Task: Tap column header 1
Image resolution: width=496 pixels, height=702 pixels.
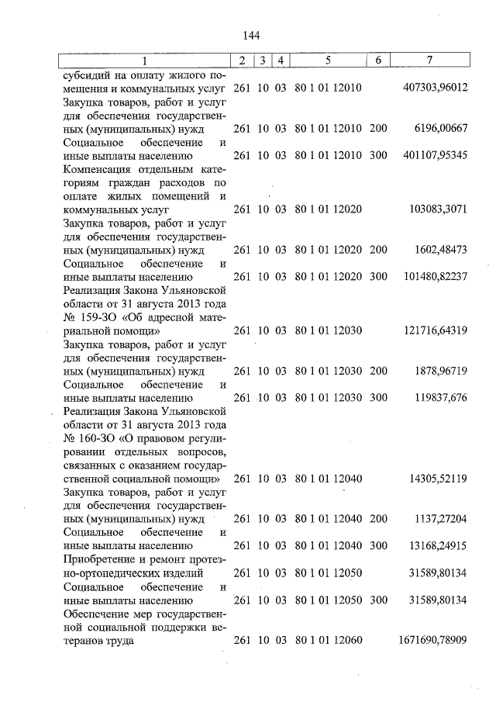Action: tap(143, 61)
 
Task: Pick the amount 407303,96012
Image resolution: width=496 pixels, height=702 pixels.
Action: tap(436, 88)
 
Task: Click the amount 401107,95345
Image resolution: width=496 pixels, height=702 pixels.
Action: tap(436, 155)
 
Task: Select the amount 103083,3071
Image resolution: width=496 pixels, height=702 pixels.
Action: tap(439, 209)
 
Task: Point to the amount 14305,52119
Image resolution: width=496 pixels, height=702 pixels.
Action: tap(438, 479)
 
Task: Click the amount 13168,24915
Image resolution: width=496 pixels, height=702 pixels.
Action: tap(438, 547)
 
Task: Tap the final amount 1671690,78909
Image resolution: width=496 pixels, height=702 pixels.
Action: tap(432, 641)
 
